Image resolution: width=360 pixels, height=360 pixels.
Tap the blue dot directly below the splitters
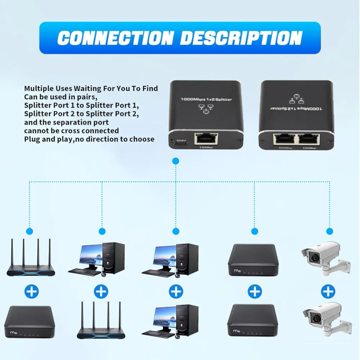coord(176,162)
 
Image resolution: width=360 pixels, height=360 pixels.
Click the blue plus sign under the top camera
coord(328,290)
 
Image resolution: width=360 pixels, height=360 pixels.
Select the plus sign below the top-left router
coord(32,290)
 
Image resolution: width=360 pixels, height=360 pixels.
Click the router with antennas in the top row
coord(31,259)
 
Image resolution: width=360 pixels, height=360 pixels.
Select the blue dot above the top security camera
coord(329,231)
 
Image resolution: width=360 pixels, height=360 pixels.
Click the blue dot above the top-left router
coord(30,231)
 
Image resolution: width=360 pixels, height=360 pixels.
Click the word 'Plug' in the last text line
coord(32,139)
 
